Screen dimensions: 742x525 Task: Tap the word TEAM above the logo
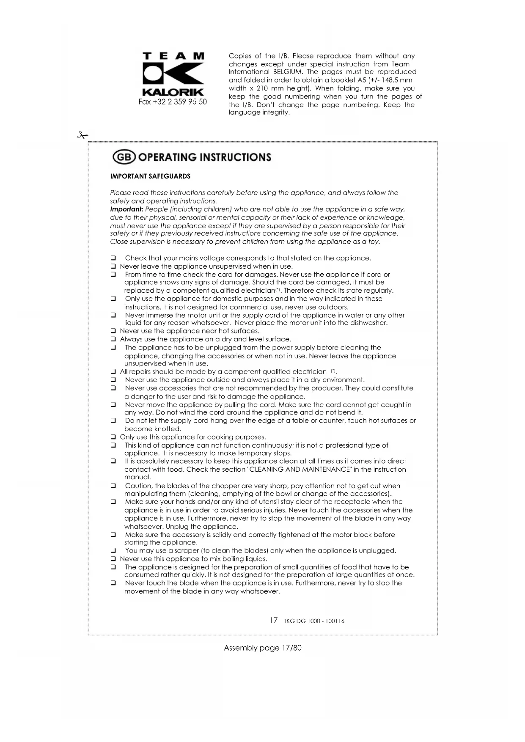coord(173,56)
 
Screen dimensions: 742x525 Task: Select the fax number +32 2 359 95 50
coord(173,102)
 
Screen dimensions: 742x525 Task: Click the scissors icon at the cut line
coord(82,135)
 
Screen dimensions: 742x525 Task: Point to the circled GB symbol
coord(123,157)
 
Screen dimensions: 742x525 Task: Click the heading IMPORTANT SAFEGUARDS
coord(150,176)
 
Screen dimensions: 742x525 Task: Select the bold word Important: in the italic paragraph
coord(126,209)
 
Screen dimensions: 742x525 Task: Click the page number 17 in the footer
coord(274,620)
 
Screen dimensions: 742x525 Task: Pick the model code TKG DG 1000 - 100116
coord(314,621)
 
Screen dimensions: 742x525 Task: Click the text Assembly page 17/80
coord(262,648)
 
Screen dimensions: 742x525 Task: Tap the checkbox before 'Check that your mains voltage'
coord(113,258)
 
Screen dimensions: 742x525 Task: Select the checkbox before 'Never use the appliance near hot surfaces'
coord(113,331)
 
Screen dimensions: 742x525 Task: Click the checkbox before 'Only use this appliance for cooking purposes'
coord(113,437)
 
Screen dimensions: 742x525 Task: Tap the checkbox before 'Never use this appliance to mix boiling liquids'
coord(113,559)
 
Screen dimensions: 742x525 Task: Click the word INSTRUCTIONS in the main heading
coord(235,157)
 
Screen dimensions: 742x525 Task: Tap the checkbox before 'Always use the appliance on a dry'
coord(113,339)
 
